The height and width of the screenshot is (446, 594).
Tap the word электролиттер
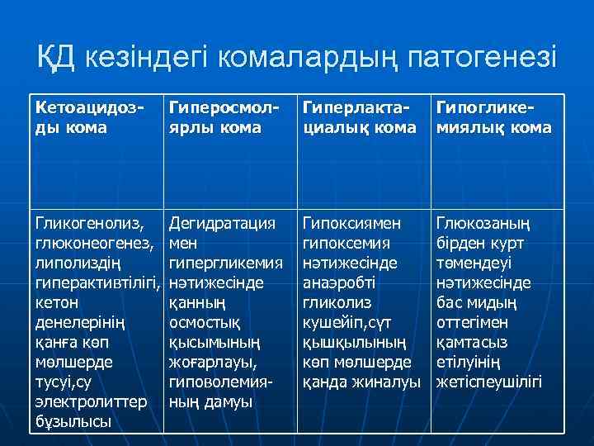pos(91,403)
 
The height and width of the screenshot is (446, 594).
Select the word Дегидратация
pos(221,223)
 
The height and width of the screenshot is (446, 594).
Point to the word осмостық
pos(204,322)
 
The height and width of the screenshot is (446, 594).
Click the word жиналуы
pos(386,382)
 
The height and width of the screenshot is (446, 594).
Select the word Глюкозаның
pos(483,223)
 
